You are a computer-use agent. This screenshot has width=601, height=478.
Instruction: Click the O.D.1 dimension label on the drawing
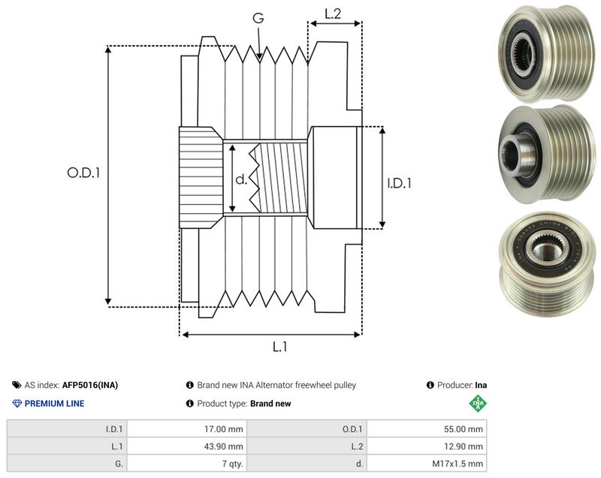coord(83,173)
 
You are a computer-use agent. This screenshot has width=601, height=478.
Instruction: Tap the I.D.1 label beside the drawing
coord(399,183)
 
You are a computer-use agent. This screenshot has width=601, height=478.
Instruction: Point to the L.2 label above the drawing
coord(333,14)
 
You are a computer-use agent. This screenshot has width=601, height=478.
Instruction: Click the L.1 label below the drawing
coord(279,347)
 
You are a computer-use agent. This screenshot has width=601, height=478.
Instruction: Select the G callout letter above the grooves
coord(258,17)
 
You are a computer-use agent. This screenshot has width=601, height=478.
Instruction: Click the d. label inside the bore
coord(241,179)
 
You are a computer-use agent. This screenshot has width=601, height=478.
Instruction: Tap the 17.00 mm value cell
coord(186,429)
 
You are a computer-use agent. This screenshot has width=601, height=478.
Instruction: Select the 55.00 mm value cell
coord(427,429)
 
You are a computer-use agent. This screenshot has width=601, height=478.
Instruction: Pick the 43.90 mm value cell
coord(186,446)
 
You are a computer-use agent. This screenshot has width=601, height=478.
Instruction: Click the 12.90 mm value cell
coord(427,446)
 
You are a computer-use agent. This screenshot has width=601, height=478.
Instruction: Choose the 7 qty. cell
coord(186,464)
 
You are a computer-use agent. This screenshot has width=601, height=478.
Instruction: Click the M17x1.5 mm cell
coord(427,464)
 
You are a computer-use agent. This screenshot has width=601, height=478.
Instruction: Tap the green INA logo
coord(478,403)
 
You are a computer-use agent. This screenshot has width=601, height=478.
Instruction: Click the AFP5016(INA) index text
coord(90,385)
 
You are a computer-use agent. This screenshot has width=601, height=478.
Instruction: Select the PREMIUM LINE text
coord(54,404)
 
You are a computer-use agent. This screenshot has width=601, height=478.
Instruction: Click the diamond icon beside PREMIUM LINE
coord(17,404)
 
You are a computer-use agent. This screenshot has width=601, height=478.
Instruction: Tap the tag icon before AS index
coord(17,385)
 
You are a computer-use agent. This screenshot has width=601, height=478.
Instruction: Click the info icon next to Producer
coord(430,385)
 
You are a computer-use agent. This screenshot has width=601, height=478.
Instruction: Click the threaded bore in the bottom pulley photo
coord(546,250)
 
